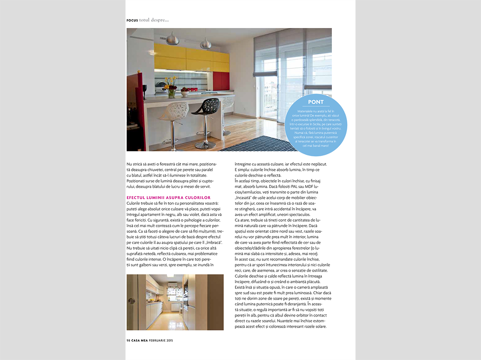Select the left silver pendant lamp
click(173, 39)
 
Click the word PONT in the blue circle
click(316, 102)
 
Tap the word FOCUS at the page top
click(132, 20)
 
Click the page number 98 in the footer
click(128, 340)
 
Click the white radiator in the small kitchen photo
click(175, 307)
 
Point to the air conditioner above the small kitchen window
click(173, 285)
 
